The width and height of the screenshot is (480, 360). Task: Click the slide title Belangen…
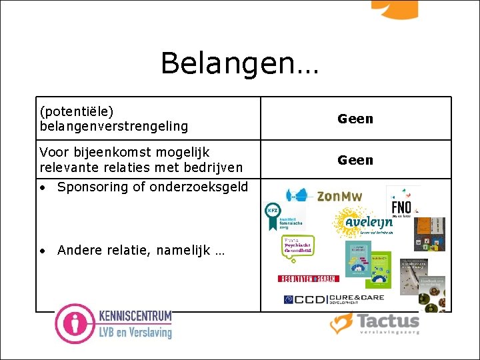(240, 64)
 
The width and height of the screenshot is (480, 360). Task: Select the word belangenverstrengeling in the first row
(114, 125)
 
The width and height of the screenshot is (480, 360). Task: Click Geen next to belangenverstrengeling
(355, 119)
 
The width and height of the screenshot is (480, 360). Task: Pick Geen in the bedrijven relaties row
(355, 160)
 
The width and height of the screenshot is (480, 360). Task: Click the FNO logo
(401, 206)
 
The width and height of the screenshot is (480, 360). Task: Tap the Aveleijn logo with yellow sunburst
(363, 223)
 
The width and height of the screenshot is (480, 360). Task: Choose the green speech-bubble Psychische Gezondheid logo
(297, 247)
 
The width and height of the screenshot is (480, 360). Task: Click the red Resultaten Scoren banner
(308, 278)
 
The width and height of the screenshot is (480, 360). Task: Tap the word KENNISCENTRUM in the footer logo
(135, 316)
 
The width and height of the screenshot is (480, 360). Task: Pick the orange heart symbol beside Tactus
(341, 323)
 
